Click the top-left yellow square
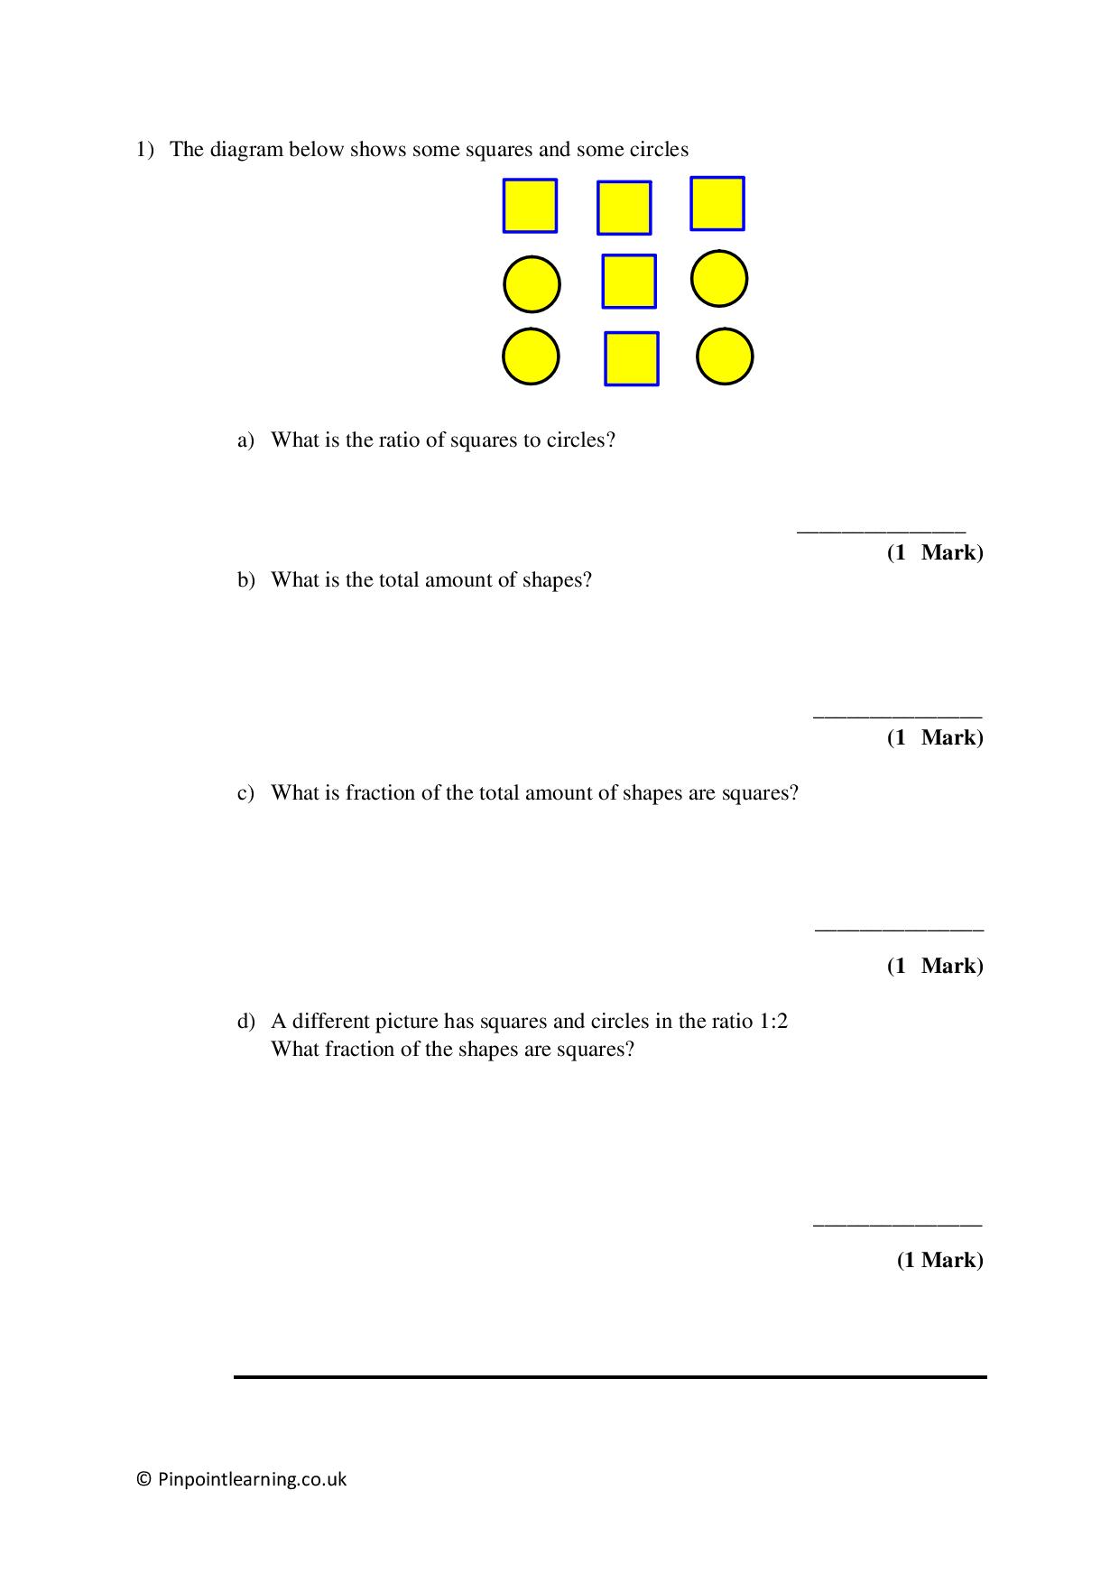pyautogui.click(x=530, y=206)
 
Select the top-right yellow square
pyautogui.click(x=717, y=203)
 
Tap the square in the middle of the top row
pyautogui.click(x=624, y=208)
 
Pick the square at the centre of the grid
pyautogui.click(x=629, y=282)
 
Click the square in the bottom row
pyautogui.click(x=631, y=358)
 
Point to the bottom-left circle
pyautogui.click(x=531, y=356)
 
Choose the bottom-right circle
pyautogui.click(x=725, y=356)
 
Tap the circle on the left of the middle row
pyautogui.click(x=532, y=284)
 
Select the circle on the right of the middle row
pyautogui.click(x=719, y=278)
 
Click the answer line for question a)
pyautogui.click(x=881, y=531)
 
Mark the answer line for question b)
pyautogui.click(x=897, y=717)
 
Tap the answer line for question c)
pyautogui.click(x=899, y=928)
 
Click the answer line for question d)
pyautogui.click(x=897, y=1224)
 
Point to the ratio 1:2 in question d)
pyautogui.click(x=772, y=1022)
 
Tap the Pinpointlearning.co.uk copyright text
pyautogui.click(x=242, y=1479)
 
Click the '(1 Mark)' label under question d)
pyautogui.click(x=939, y=1260)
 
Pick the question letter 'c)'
pyautogui.click(x=246, y=793)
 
